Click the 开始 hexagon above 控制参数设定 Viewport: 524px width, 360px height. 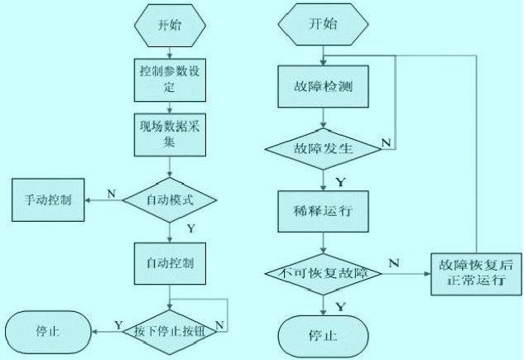click(x=170, y=25)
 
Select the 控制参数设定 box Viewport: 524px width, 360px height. click(x=170, y=79)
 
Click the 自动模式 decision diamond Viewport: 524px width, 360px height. click(x=170, y=199)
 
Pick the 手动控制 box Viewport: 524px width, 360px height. click(x=49, y=200)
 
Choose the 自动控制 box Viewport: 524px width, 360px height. click(x=170, y=263)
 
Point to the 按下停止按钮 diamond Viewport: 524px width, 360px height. click(x=170, y=331)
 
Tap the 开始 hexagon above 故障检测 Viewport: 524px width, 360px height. click(x=323, y=25)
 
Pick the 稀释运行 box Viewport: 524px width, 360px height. click(x=323, y=210)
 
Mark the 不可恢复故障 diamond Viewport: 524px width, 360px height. click(x=323, y=271)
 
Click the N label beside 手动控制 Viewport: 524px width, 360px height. click(x=112, y=191)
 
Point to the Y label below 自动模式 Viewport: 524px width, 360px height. click(x=191, y=227)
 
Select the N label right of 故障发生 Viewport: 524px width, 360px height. click(x=385, y=142)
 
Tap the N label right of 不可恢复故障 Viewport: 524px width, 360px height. click(x=394, y=262)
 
